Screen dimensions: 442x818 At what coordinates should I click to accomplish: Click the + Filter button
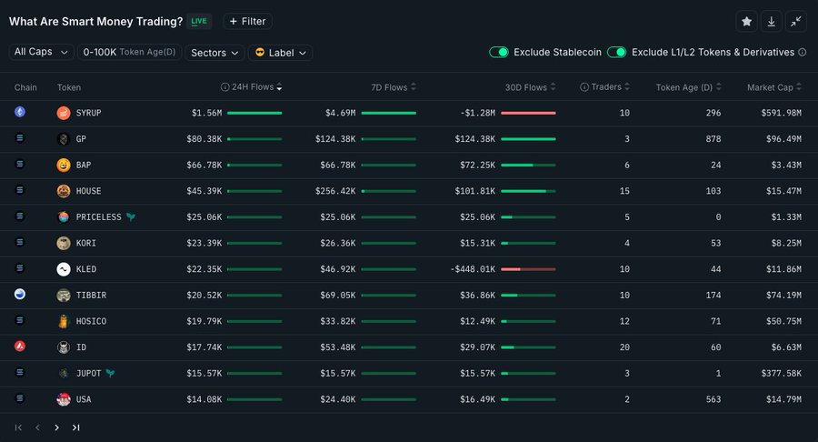coord(247,21)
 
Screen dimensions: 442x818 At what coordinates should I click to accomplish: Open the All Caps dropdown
coord(42,52)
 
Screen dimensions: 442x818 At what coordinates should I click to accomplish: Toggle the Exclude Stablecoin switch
coord(499,52)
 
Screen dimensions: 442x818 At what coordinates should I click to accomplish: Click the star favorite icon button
coord(746,21)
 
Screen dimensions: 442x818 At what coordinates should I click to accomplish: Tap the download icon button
coord(771,21)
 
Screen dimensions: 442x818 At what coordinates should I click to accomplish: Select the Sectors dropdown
coord(214,53)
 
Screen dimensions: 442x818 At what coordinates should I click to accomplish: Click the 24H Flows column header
coord(254,87)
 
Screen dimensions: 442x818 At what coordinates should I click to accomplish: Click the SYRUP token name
coord(89,113)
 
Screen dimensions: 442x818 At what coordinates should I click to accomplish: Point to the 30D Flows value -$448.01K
coord(475,269)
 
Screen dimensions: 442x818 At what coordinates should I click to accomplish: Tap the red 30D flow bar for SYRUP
coord(528,113)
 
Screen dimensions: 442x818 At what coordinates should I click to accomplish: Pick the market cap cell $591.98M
coord(781,113)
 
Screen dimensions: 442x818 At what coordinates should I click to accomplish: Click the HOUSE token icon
coord(64,191)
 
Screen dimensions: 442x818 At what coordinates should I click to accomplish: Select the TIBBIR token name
coord(91,296)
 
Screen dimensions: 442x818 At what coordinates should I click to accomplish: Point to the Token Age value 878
coord(713,139)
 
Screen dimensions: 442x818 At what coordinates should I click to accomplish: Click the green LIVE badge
coord(199,21)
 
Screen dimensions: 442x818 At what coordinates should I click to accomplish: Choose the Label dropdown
coord(280,53)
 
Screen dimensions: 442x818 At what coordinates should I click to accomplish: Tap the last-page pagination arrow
coord(76,427)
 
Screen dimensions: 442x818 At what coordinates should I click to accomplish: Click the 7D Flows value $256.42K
coord(341,191)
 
